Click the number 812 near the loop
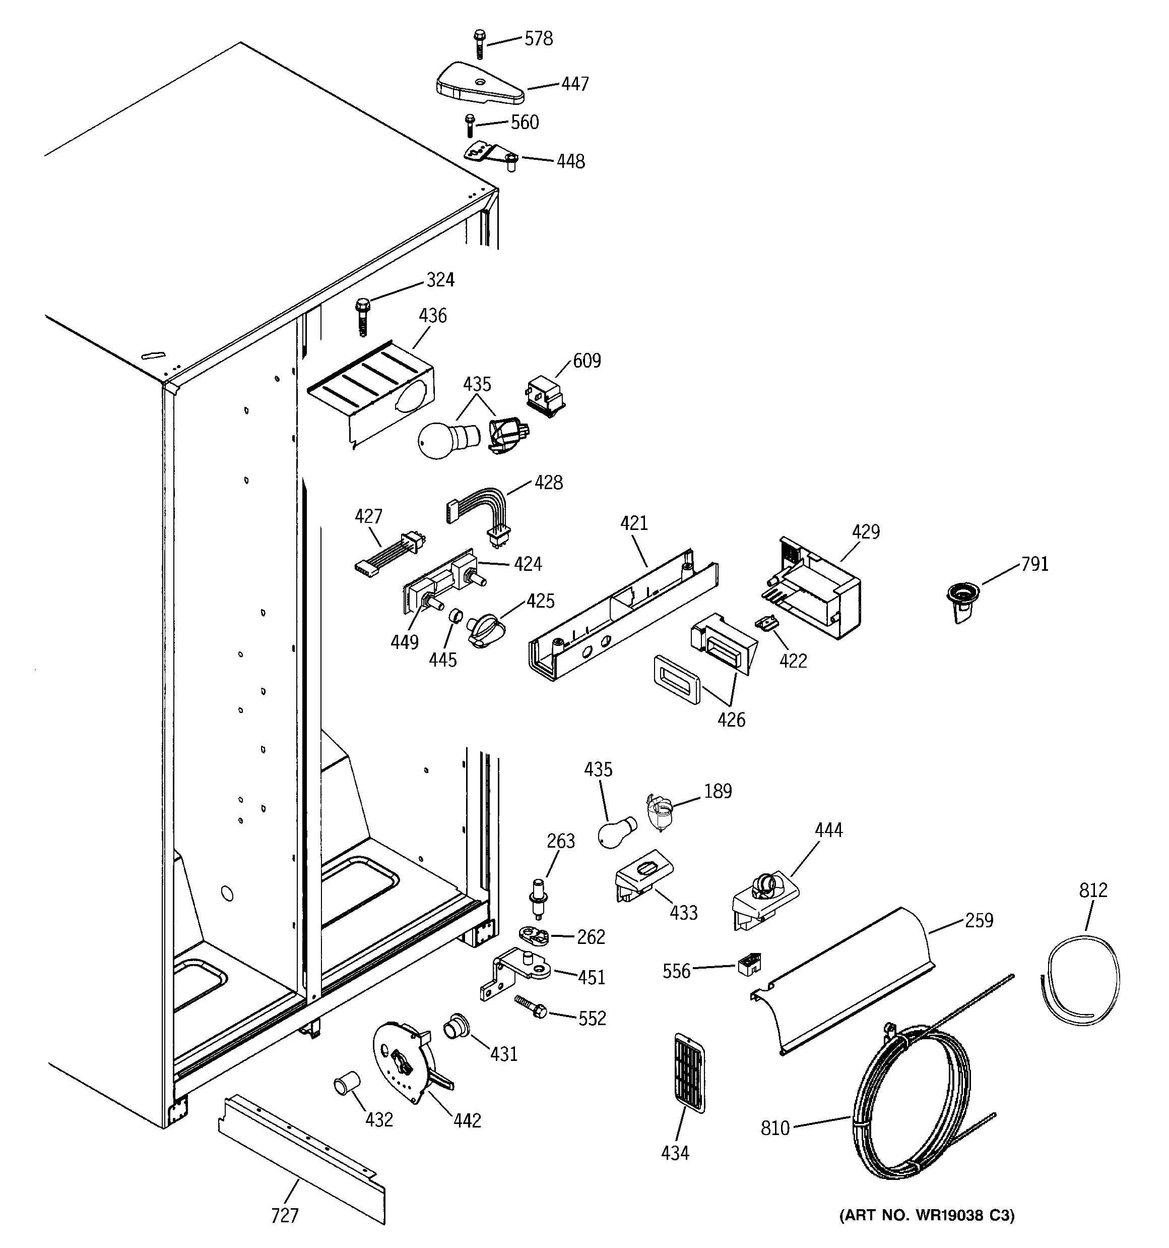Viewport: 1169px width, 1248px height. click(x=1093, y=890)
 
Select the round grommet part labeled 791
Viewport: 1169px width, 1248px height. click(x=962, y=600)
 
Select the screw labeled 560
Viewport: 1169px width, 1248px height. click(x=469, y=126)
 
